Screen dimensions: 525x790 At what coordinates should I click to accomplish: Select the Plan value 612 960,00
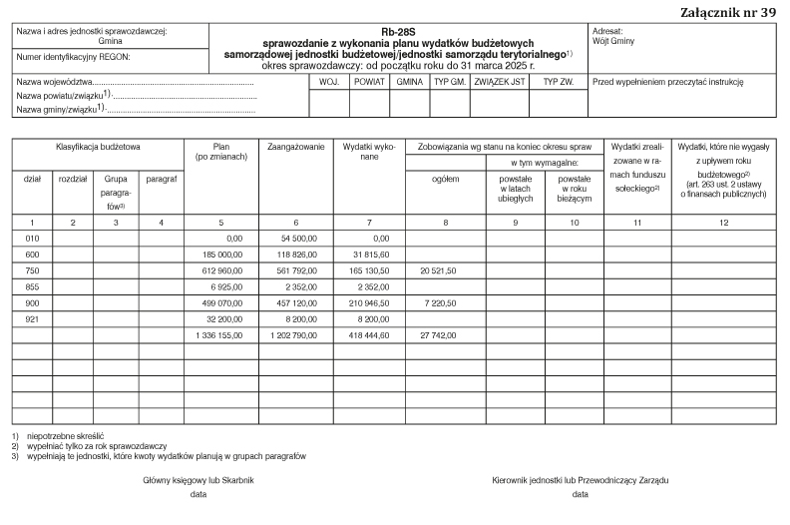point(221,270)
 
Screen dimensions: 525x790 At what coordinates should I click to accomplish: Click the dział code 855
point(32,286)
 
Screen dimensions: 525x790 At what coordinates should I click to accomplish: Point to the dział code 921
point(32,317)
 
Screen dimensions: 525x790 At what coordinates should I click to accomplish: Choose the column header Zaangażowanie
point(296,147)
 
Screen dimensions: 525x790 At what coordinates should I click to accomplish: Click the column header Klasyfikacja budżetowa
point(98,147)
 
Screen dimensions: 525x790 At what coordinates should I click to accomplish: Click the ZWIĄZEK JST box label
point(500,81)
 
